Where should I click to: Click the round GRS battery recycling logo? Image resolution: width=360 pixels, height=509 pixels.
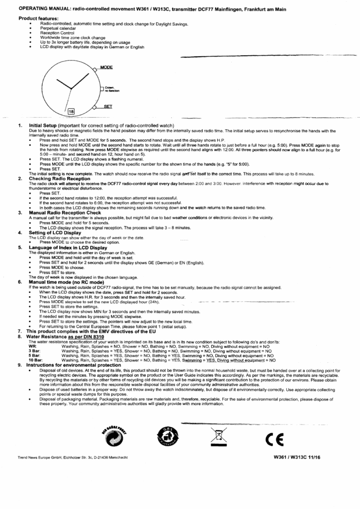coord(166,436)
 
